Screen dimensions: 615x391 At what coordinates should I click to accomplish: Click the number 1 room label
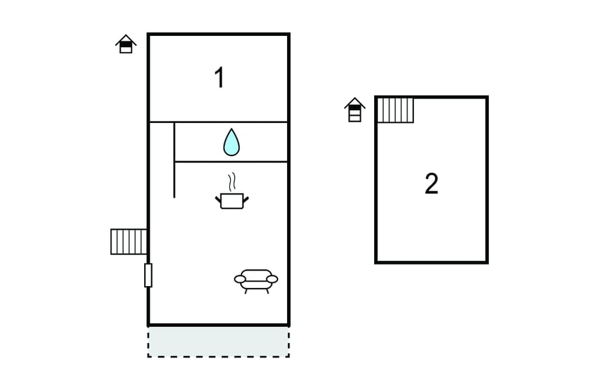pyautogui.click(x=220, y=77)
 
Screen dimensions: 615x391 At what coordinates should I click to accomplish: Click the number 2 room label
pyautogui.click(x=431, y=184)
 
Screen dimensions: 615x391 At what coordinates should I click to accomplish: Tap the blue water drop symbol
pyautogui.click(x=231, y=142)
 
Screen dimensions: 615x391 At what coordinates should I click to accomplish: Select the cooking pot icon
pyautogui.click(x=232, y=201)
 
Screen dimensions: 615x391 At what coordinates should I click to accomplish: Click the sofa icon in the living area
pyautogui.click(x=256, y=281)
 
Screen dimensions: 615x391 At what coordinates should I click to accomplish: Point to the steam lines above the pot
pyautogui.click(x=232, y=182)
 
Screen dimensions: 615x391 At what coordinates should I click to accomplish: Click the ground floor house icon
pyautogui.click(x=126, y=44)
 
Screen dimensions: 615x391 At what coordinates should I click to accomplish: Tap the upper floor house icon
pyautogui.click(x=354, y=109)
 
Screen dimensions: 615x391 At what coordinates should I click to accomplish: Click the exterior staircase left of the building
pyautogui.click(x=129, y=242)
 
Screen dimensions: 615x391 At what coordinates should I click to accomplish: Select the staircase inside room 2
pyautogui.click(x=395, y=111)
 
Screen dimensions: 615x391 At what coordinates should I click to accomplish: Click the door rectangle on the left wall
pyautogui.click(x=148, y=275)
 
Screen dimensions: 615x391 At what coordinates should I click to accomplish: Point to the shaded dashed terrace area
pyautogui.click(x=218, y=342)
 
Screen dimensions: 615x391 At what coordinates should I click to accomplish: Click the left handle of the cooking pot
pyautogui.click(x=218, y=200)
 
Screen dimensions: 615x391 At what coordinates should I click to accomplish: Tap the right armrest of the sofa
pyautogui.click(x=272, y=279)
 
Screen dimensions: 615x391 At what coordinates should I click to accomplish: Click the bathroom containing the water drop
pyautogui.click(x=231, y=142)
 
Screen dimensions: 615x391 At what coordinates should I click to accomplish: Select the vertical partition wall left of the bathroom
pyautogui.click(x=174, y=160)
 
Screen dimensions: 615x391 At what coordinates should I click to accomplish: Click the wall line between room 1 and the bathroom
pyautogui.click(x=218, y=122)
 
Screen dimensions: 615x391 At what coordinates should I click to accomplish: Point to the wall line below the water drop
pyautogui.click(x=231, y=161)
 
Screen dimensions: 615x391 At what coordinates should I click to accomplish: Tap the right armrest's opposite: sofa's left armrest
pyautogui.click(x=240, y=279)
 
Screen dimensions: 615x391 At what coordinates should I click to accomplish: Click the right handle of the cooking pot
pyautogui.click(x=246, y=200)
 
